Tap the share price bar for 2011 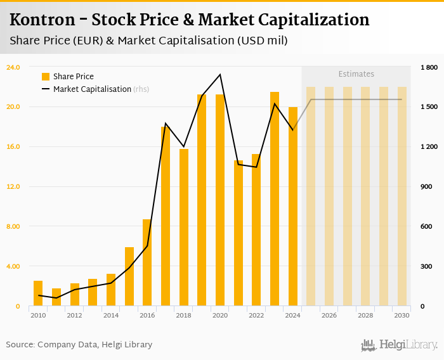tap(56, 297)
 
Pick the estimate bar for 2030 tap(402, 196)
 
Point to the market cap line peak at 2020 tap(220, 75)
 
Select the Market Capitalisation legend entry tap(92, 89)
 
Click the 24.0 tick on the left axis tap(13, 67)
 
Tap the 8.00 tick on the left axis tap(13, 227)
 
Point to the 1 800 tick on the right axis tap(429, 67)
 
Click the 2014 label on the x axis tap(111, 315)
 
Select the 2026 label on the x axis tap(329, 315)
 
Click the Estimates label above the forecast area tap(356, 74)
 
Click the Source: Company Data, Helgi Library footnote tap(79, 345)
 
